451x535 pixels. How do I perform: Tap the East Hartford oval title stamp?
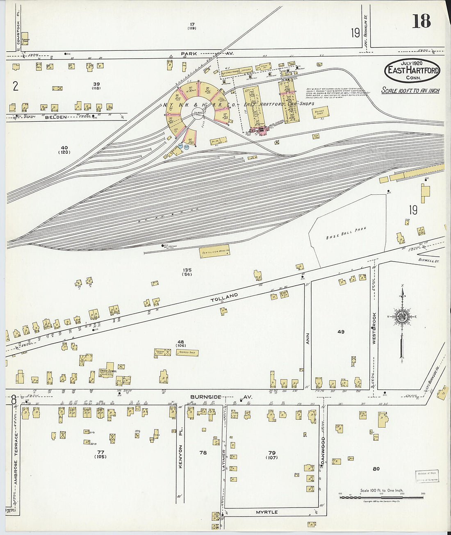click(412, 71)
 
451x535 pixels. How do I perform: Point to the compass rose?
click(402, 316)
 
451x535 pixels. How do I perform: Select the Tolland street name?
click(224, 297)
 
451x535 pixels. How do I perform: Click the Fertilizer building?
click(214, 251)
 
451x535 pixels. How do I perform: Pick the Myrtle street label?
click(266, 512)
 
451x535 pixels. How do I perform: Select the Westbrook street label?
click(374, 327)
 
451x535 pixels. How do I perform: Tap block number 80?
click(376, 469)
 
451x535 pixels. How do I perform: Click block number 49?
click(341, 332)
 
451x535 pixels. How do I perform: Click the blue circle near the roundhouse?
click(187, 146)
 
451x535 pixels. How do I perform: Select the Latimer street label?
click(224, 460)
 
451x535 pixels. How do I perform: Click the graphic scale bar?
click(381, 497)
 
